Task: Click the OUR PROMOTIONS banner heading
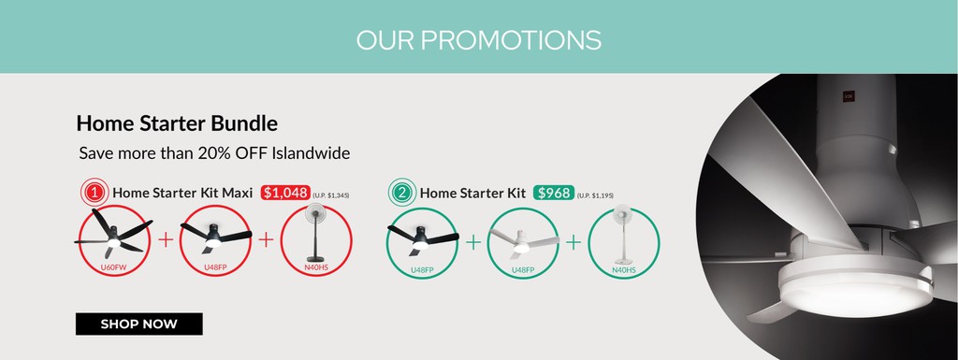pyautogui.click(x=478, y=40)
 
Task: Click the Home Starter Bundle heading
pyautogui.click(x=177, y=123)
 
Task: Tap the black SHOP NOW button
pyautogui.click(x=138, y=324)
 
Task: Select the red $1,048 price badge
pyautogui.click(x=285, y=193)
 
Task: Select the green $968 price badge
pyautogui.click(x=553, y=193)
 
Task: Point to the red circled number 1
pyautogui.click(x=94, y=193)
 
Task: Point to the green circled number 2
pyautogui.click(x=402, y=193)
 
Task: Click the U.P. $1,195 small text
pyautogui.click(x=595, y=195)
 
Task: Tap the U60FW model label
pyautogui.click(x=113, y=268)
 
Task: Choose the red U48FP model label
pyautogui.click(x=215, y=268)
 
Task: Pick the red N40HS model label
pyautogui.click(x=316, y=268)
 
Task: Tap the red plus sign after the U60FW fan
pyautogui.click(x=166, y=240)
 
